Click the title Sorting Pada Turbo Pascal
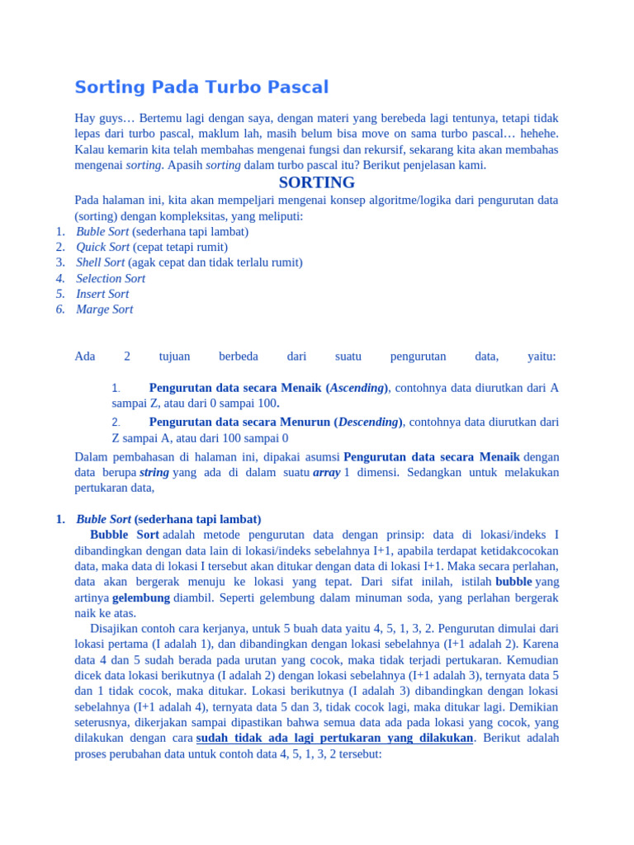point(201,87)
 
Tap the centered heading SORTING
point(317,182)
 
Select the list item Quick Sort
point(103,247)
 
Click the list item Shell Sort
point(101,262)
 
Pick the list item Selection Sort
point(111,278)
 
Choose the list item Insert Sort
point(102,294)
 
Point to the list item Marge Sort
point(104,309)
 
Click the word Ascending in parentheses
point(357,388)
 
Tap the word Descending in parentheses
point(367,422)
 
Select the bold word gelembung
point(141,597)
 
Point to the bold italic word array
point(327,473)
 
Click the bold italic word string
point(154,473)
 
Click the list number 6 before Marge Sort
point(60,309)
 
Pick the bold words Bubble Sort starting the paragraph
point(125,535)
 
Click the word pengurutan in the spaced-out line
point(418,356)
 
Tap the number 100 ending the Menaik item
point(266,404)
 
